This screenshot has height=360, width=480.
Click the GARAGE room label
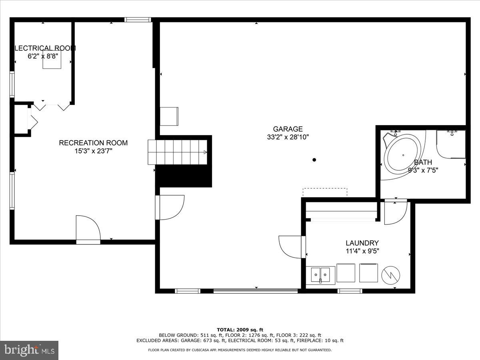288,129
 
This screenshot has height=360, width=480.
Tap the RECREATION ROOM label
93,143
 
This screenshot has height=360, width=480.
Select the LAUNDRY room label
362,243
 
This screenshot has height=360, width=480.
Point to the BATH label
423,162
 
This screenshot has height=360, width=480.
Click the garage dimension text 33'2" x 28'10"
288,137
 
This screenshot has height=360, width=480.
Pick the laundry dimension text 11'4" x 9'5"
362,251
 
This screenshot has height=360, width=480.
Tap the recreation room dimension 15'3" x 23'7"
93,151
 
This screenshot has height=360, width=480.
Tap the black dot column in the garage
314,160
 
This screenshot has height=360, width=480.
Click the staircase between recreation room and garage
178,152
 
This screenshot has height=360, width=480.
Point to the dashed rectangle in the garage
325,192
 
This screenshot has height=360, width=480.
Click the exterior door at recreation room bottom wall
88,230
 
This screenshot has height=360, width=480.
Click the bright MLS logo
29,350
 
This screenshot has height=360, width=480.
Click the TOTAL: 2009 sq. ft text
240,330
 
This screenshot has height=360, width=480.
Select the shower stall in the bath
451,144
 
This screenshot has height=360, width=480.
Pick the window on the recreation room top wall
138,19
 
